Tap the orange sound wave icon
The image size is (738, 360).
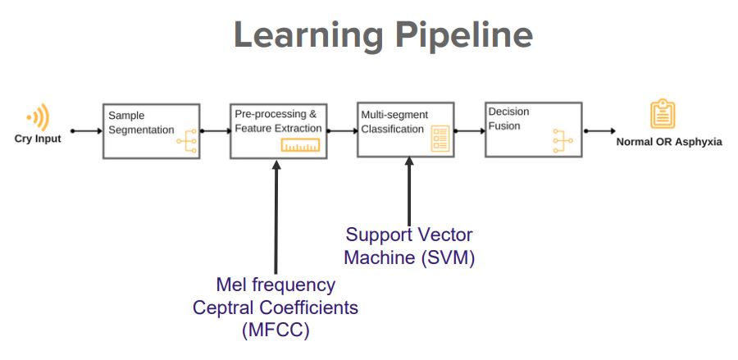39,116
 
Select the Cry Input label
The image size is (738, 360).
38,139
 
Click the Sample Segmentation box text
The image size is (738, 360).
141,123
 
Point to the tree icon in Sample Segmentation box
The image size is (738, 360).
187,141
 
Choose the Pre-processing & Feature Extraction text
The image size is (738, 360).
278,121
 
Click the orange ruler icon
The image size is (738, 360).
300,145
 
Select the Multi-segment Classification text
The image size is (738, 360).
395,122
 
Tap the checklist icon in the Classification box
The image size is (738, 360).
440,139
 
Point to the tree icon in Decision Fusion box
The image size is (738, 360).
563,141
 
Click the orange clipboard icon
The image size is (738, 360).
663,114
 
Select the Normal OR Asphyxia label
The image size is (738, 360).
669,142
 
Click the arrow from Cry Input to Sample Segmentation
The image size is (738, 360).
87,131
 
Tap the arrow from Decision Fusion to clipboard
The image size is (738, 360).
599,131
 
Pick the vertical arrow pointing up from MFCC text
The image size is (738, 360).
276,217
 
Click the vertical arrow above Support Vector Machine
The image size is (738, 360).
409,192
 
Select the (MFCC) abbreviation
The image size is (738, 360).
276,330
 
